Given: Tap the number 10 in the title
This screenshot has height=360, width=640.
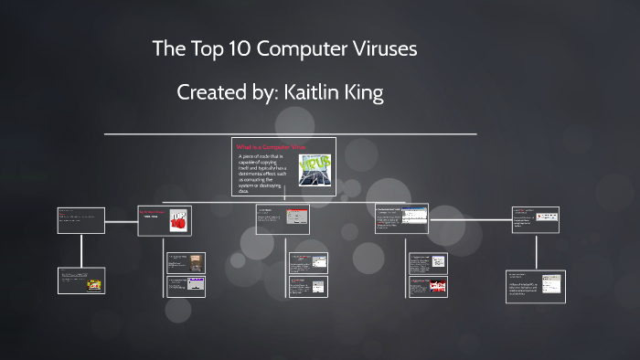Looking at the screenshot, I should point(239,49).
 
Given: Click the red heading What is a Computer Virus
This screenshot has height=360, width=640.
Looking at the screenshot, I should point(271,147).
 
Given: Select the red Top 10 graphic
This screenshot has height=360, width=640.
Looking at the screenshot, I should point(179,217).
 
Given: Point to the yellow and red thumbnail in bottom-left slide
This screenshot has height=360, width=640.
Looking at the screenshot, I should point(94,284).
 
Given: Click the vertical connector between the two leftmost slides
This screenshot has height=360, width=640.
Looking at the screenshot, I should point(82,249).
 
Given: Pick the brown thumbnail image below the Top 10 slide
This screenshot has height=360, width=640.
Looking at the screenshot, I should point(197,262).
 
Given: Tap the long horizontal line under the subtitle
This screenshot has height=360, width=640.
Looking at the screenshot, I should point(290,134).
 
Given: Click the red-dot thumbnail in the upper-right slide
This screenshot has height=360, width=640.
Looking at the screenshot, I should point(548,217).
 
